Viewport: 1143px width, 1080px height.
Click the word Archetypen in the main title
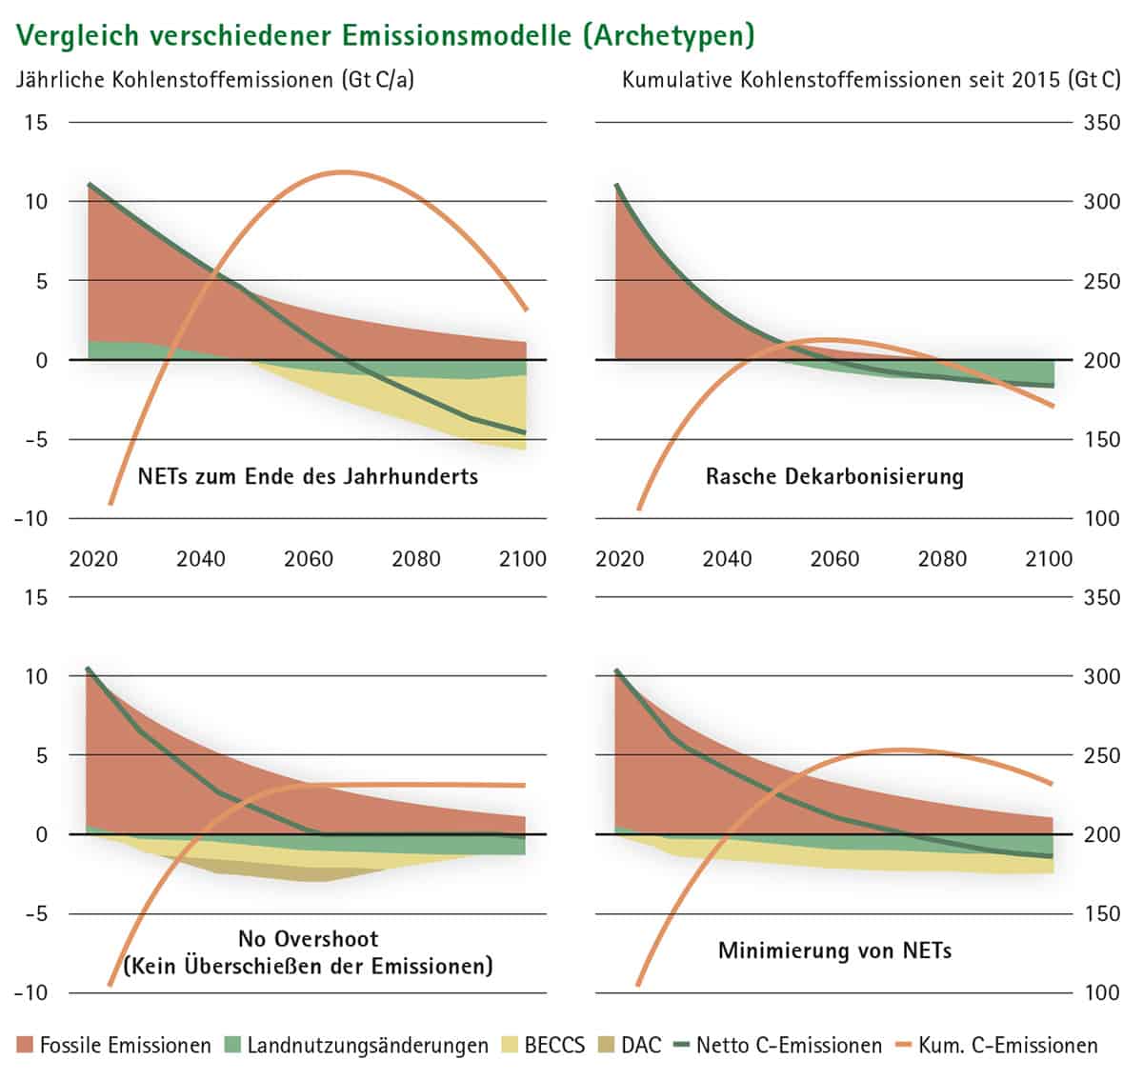coord(669,34)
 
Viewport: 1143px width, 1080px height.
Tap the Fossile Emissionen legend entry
coord(114,1045)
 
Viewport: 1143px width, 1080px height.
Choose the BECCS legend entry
coord(543,1045)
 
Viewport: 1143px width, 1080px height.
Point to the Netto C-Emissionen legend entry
coord(776,1045)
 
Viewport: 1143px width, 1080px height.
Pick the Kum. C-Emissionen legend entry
coord(996,1045)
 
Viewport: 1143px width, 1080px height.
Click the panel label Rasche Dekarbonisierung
coord(834,476)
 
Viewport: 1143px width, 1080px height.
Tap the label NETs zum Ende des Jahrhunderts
coord(308,475)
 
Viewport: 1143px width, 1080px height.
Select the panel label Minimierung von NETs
coord(834,950)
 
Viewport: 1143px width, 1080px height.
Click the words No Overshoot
coord(308,939)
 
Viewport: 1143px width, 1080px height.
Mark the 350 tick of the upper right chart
coord(1102,123)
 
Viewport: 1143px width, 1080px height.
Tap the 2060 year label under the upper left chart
coord(309,558)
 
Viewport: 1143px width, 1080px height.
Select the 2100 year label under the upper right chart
coord(1049,558)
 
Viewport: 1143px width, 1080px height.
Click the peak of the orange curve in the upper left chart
coord(341,172)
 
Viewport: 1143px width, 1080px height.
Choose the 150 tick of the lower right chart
coord(1102,913)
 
